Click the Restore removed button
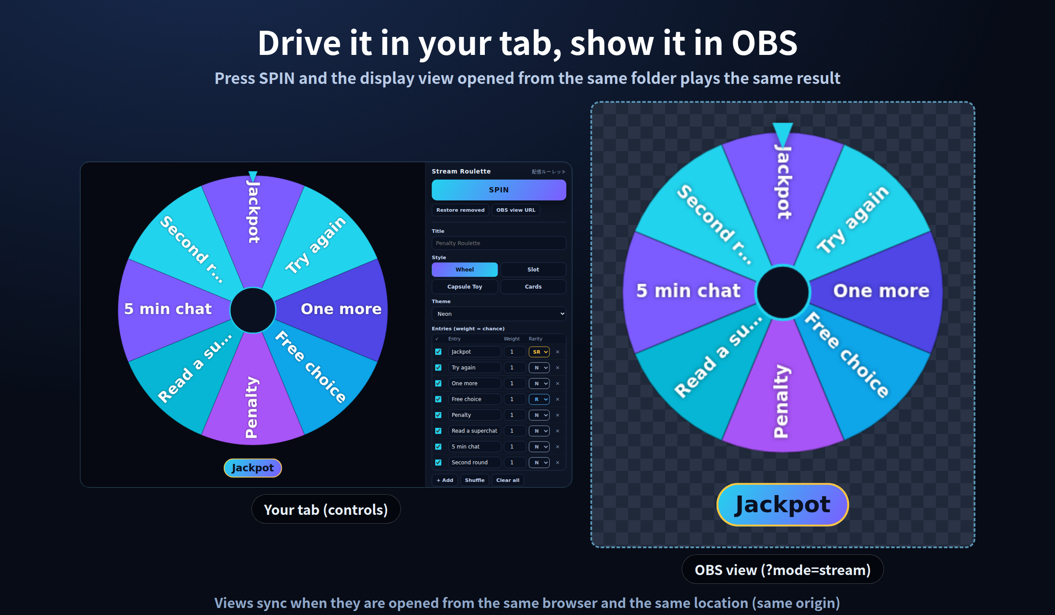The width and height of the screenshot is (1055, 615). coord(460,210)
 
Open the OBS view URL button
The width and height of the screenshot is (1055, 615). coord(516,210)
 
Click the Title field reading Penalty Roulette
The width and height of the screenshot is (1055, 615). coord(498,243)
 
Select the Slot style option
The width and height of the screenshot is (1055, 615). coord(533,269)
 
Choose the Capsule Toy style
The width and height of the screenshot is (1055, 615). coord(465,286)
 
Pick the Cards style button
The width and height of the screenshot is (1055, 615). coord(533,286)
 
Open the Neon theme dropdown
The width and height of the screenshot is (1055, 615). coord(498,314)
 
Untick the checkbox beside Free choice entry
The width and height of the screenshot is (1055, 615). coord(438,399)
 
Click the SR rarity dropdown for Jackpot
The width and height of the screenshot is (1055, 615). coord(539,352)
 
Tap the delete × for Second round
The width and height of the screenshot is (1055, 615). coord(557,462)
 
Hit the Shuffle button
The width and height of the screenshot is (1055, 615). coord(475,480)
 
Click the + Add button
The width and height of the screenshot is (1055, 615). coord(445,480)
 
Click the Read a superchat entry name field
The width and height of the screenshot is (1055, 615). coord(474,430)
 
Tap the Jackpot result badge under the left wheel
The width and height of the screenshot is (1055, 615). coord(253,468)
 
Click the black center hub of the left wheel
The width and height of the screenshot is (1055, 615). coord(253,310)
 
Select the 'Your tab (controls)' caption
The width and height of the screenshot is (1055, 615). coord(326,510)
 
